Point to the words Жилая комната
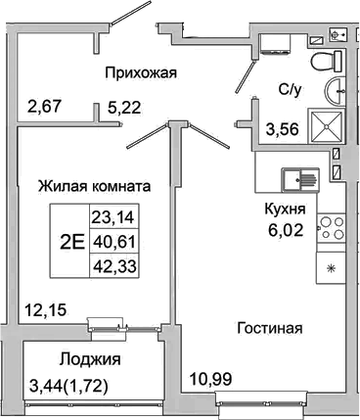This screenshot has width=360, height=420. coord(94,185)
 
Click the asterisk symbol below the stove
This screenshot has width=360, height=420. coord(332,267)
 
